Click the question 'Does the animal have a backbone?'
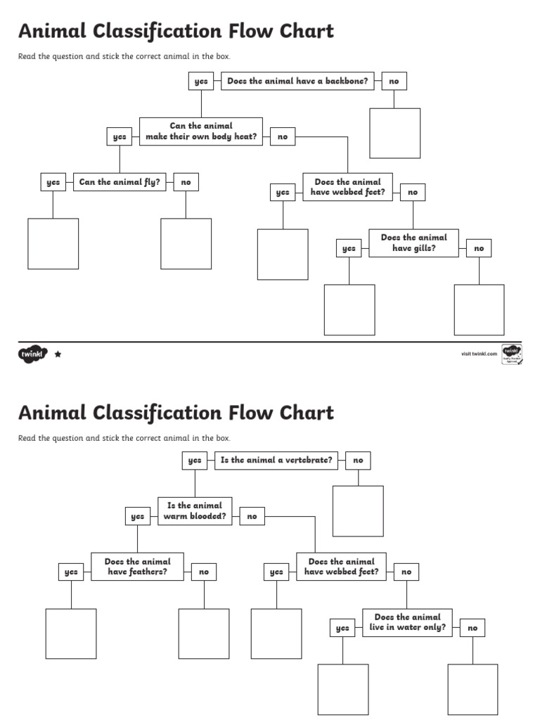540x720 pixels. click(x=297, y=82)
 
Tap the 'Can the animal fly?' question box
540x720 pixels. click(x=120, y=182)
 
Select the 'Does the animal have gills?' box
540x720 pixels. click(x=413, y=243)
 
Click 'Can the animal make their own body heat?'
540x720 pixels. click(x=201, y=131)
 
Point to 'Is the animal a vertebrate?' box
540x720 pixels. click(x=276, y=461)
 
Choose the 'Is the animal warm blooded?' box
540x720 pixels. click(x=195, y=511)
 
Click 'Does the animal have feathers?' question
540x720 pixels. click(x=137, y=567)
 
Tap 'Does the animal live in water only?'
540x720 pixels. click(x=407, y=622)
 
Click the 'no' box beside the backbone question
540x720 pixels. click(x=394, y=82)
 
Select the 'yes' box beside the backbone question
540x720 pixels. click(x=201, y=82)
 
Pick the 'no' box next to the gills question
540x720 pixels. click(x=479, y=248)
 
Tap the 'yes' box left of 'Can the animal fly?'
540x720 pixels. click(x=53, y=183)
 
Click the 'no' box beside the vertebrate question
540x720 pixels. click(x=358, y=461)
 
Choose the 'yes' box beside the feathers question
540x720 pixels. click(x=71, y=572)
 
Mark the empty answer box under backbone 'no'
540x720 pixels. click(x=395, y=134)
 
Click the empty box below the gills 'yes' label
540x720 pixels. click(x=349, y=310)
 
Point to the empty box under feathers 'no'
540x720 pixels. click(x=204, y=634)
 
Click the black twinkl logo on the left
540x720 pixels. click(x=32, y=354)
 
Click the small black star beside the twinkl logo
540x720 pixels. click(x=58, y=354)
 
